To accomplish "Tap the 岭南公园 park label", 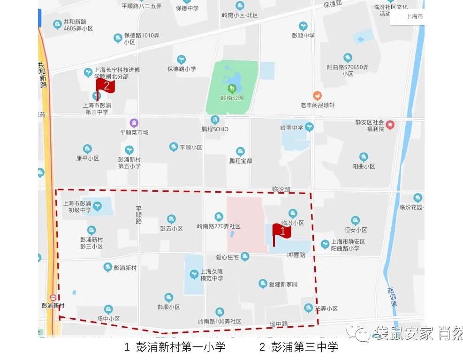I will tap(232, 98).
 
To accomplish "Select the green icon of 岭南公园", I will tap(232, 88).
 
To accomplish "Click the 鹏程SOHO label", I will tap(215, 129).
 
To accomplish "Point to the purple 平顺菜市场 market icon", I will tap(134, 123).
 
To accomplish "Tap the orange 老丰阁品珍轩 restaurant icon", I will tap(318, 96).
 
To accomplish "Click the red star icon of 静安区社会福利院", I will tap(390, 125).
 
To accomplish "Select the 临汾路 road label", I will tap(281, 189).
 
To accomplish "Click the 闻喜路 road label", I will tap(296, 255).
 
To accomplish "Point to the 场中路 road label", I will tap(279, 324).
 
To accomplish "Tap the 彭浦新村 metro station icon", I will tap(53, 297).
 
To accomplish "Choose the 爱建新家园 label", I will tap(283, 285).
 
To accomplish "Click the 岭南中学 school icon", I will tap(309, 127).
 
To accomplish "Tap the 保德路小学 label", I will tap(182, 69).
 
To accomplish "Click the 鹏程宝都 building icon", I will tap(240, 151).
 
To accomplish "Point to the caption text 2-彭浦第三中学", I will tap(299, 347).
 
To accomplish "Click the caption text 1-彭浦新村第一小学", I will tap(175, 347).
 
